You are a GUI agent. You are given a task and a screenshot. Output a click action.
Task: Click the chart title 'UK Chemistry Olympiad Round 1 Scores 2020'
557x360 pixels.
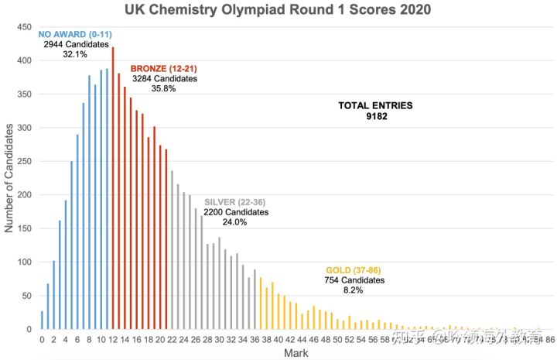click(278, 10)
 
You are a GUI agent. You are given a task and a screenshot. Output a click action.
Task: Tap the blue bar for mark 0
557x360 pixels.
click(42, 321)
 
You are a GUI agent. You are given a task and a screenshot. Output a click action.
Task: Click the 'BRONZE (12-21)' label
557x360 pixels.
click(164, 68)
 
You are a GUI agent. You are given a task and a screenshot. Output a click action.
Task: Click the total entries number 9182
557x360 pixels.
click(376, 117)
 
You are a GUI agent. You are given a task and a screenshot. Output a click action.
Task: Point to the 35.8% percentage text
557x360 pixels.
click(164, 89)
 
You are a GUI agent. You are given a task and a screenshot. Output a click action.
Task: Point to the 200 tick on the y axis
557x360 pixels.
click(26, 195)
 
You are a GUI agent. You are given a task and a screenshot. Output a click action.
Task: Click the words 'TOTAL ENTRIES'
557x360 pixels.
click(376, 105)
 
